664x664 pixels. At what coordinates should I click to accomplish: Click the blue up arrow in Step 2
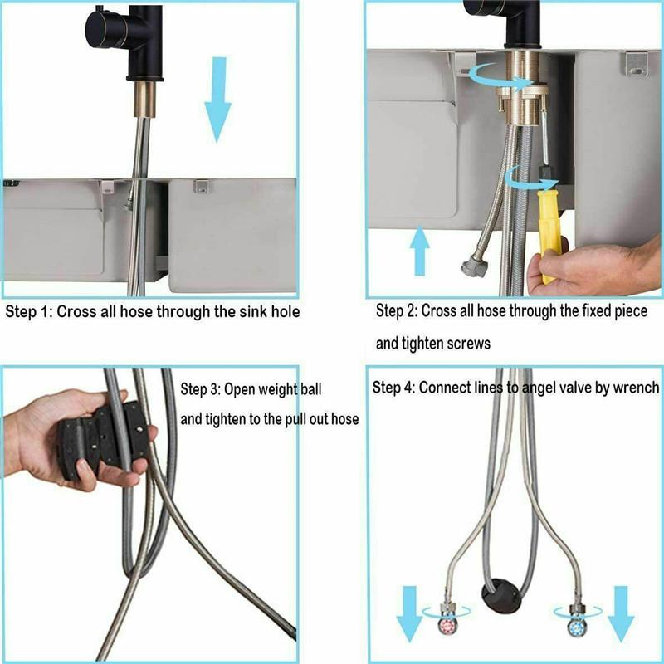coord(420,248)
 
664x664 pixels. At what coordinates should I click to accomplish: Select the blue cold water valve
coord(574,625)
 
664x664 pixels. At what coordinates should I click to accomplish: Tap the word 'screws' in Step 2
coord(469,344)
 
